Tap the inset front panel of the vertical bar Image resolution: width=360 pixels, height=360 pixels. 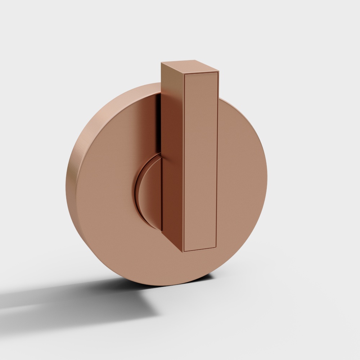pos(201,162)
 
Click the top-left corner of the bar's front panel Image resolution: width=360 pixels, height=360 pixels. pos(184,75)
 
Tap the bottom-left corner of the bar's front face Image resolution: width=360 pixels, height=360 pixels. pos(184,251)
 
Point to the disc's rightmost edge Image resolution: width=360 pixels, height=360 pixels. pos(267,180)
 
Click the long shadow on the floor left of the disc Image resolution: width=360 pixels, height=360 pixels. pos(54,299)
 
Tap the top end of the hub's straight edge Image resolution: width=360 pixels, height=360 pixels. pos(161,153)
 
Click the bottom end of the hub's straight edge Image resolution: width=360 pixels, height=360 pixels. pos(162,230)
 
